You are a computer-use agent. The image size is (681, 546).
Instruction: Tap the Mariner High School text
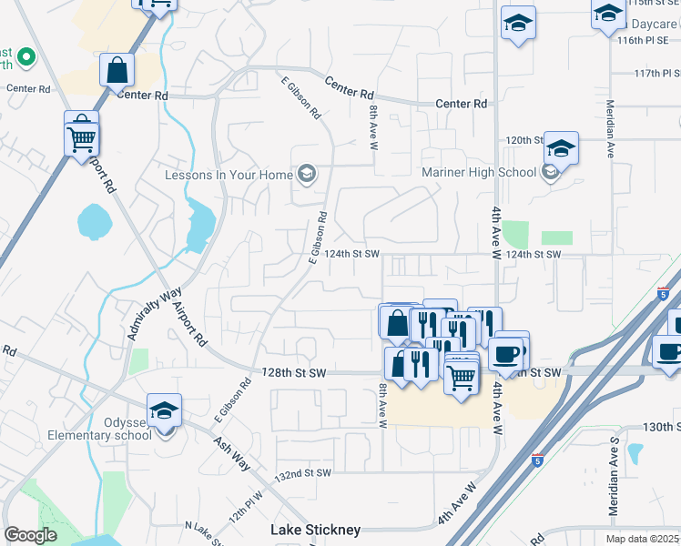pos(479,172)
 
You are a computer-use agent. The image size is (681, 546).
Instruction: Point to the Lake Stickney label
pos(316,530)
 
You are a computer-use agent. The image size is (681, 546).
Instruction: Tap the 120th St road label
pos(524,140)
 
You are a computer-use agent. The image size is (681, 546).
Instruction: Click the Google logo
pos(30,535)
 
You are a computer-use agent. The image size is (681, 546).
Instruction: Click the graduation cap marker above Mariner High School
pos(562,148)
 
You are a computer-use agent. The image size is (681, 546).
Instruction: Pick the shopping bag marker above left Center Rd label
pos(117,69)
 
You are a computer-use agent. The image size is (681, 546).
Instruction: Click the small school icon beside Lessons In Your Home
pos(307,175)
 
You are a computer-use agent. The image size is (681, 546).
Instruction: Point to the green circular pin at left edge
pos(25,60)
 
